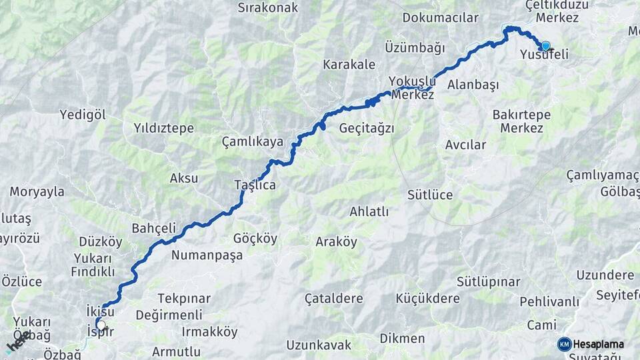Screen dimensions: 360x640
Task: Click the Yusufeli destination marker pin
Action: tap(545, 45)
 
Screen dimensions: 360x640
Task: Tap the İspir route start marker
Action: tap(101, 325)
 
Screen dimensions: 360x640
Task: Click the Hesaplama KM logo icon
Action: tap(564, 344)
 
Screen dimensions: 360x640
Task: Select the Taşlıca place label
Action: tap(255, 185)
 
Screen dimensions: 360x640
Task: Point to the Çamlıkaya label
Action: tap(253, 141)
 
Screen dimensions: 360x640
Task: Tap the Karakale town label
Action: tap(349, 65)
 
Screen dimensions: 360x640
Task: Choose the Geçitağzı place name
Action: tap(367, 127)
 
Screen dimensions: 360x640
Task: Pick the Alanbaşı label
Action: tap(473, 85)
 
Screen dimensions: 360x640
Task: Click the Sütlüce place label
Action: tap(430, 195)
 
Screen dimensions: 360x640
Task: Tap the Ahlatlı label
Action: tap(369, 211)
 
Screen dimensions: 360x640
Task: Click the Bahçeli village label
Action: tap(153, 227)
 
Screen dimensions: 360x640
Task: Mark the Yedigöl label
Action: tap(83, 114)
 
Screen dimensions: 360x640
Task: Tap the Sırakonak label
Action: tap(267, 8)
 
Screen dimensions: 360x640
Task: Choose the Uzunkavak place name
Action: tap(319, 345)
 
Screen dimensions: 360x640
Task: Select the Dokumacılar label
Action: tap(441, 18)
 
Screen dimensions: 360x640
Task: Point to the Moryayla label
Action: tap(37, 191)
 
